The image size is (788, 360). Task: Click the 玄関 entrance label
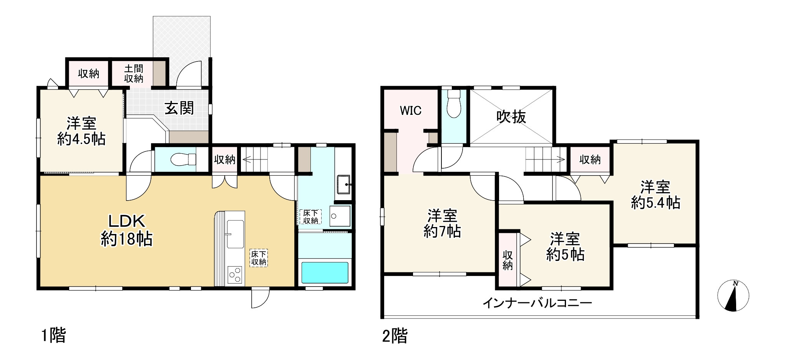click(x=179, y=108)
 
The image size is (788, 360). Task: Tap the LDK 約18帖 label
click(x=126, y=230)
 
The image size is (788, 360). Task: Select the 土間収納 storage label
click(x=133, y=73)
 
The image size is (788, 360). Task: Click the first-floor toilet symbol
click(x=183, y=159)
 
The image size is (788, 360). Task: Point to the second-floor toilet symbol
click(x=454, y=103)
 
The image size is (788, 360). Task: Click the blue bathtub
click(x=325, y=272)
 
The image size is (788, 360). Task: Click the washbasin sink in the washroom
click(x=343, y=185)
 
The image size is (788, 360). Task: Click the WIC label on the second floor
click(x=411, y=111)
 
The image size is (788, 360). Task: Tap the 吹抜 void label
click(x=511, y=117)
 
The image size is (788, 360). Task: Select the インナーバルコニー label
click(x=537, y=303)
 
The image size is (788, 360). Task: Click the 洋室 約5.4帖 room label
click(x=655, y=195)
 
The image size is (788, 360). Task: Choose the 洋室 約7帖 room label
click(x=442, y=224)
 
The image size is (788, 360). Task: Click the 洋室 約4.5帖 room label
click(x=81, y=131)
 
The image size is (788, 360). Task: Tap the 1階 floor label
click(x=53, y=335)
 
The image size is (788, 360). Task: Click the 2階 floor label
click(x=395, y=336)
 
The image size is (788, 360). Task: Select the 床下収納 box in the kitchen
click(x=259, y=258)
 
